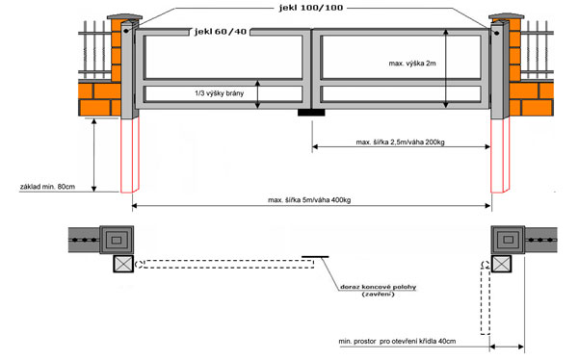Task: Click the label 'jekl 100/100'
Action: coord(311,8)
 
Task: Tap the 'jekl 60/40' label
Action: coord(221,32)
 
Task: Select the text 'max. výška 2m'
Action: coord(412,64)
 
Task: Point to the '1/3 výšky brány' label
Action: coord(220,93)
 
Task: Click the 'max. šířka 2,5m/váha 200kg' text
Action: coord(400,142)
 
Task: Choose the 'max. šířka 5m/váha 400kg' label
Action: coord(309,200)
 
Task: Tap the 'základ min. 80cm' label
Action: coord(47,187)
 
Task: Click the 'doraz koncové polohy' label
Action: coord(378,287)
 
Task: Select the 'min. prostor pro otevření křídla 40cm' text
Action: coord(397,341)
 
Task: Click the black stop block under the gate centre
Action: coord(311,113)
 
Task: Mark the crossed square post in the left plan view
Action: coord(123,264)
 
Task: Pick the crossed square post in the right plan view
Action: coord(501,264)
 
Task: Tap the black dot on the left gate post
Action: coord(126,31)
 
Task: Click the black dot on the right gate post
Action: coord(496,33)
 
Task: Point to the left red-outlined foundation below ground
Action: coord(130,155)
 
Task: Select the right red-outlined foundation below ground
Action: coord(500,155)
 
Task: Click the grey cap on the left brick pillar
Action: coord(124,17)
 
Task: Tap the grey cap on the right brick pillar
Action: coord(506,16)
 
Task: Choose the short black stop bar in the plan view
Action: coord(315,256)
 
